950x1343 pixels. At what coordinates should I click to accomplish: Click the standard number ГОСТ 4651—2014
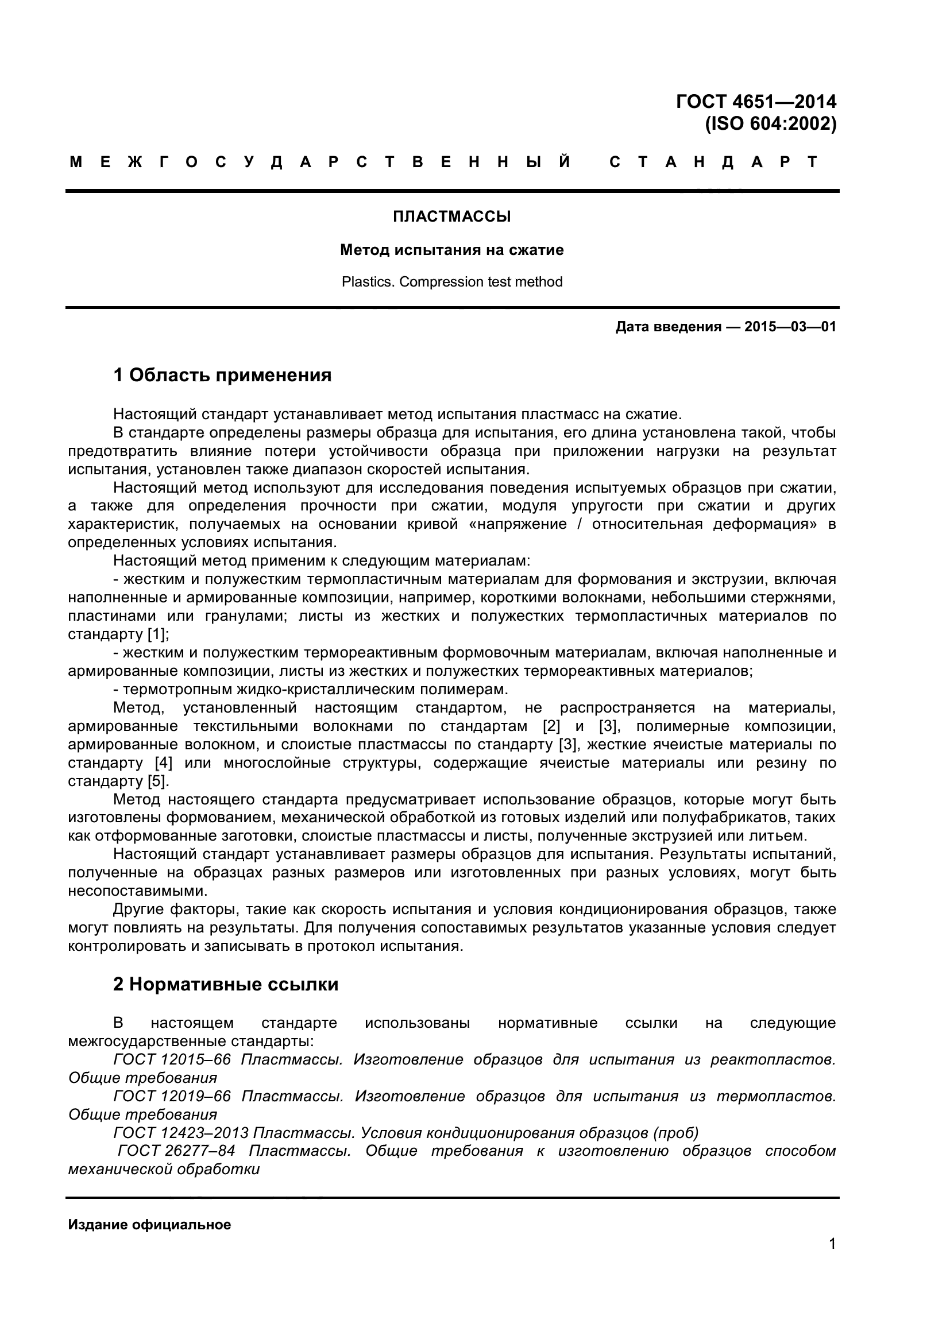[x=756, y=102]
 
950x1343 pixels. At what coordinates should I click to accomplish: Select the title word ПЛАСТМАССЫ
[x=451, y=217]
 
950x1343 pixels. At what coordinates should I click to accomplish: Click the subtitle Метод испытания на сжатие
[x=451, y=250]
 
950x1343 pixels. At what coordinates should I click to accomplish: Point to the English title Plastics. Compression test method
[x=451, y=282]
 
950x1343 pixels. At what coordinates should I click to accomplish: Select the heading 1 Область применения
[x=222, y=375]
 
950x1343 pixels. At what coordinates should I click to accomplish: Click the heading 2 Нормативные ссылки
[x=226, y=985]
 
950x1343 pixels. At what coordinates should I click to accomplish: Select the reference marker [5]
[x=157, y=781]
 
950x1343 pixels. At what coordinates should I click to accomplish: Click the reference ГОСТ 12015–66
[x=172, y=1059]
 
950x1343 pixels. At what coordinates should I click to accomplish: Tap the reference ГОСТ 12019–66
[x=172, y=1096]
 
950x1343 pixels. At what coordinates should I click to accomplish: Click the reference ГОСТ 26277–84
[x=177, y=1151]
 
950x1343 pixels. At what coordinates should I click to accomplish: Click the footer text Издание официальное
[x=150, y=1224]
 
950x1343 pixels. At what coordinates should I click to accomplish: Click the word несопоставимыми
[x=137, y=891]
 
